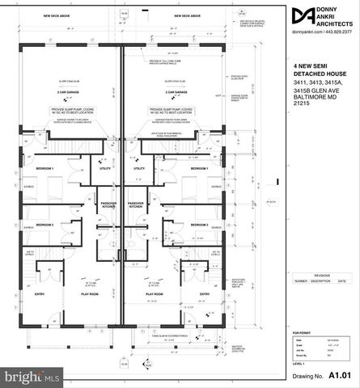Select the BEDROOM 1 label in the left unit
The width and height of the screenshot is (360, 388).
pyautogui.click(x=44, y=169)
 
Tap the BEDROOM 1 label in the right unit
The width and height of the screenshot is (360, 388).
pyautogui.click(x=200, y=169)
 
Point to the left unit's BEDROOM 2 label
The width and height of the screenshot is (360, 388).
pyautogui.click(x=44, y=224)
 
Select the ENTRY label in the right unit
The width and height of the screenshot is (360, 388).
pyautogui.click(x=205, y=294)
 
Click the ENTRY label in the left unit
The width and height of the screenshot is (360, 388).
pyautogui.click(x=39, y=294)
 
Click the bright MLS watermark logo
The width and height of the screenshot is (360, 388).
pyautogui.click(x=32, y=376)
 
